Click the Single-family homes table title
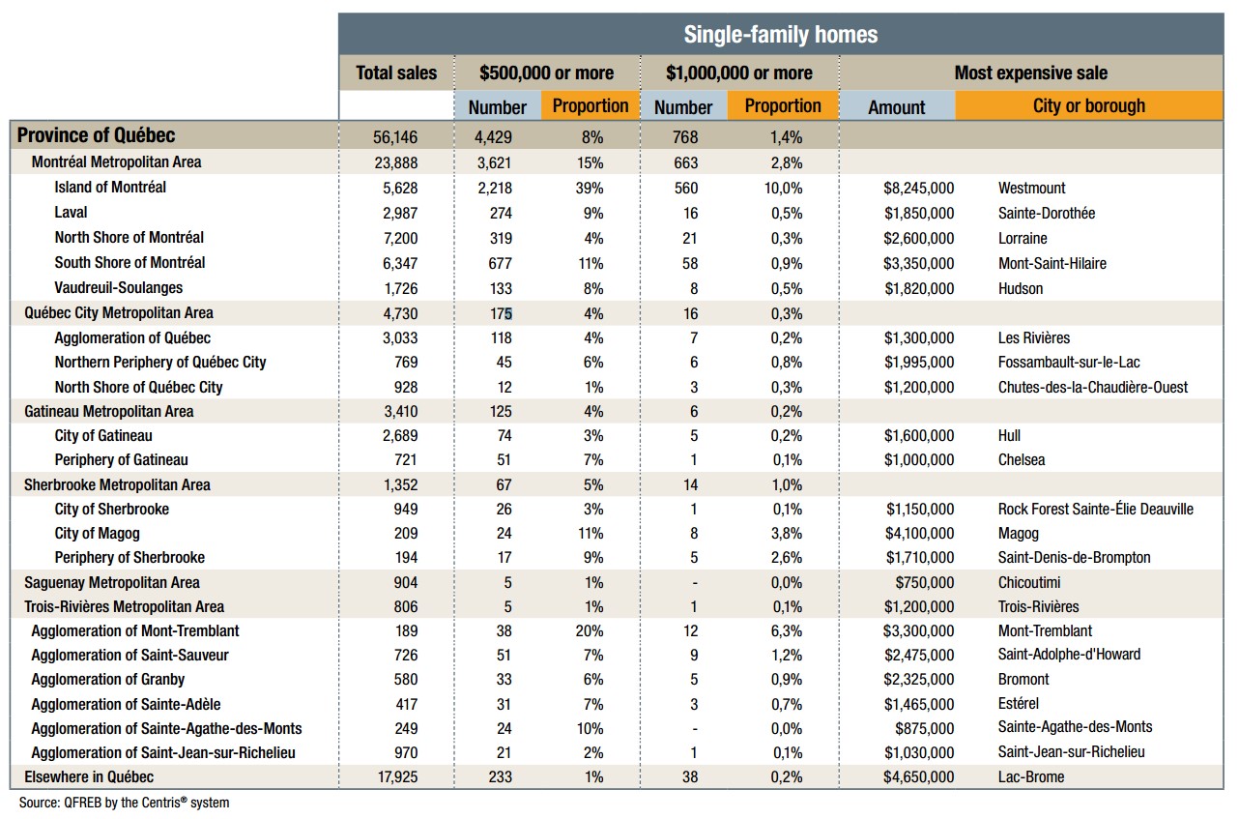(x=780, y=35)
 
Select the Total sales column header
(x=396, y=73)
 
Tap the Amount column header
(x=896, y=107)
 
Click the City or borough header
(x=1088, y=106)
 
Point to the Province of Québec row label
(x=97, y=135)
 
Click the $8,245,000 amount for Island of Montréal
(x=918, y=188)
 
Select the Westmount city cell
(x=1032, y=188)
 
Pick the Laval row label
(x=71, y=212)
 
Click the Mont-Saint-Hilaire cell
(x=1052, y=263)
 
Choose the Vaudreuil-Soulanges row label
(x=118, y=287)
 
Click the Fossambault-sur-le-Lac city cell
(x=1069, y=363)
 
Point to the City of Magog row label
(x=97, y=533)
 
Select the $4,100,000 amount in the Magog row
(x=918, y=534)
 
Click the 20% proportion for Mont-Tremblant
(x=592, y=630)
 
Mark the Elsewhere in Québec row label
(x=89, y=776)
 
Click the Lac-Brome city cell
(x=1031, y=776)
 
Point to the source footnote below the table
(x=125, y=803)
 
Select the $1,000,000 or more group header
(x=739, y=73)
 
